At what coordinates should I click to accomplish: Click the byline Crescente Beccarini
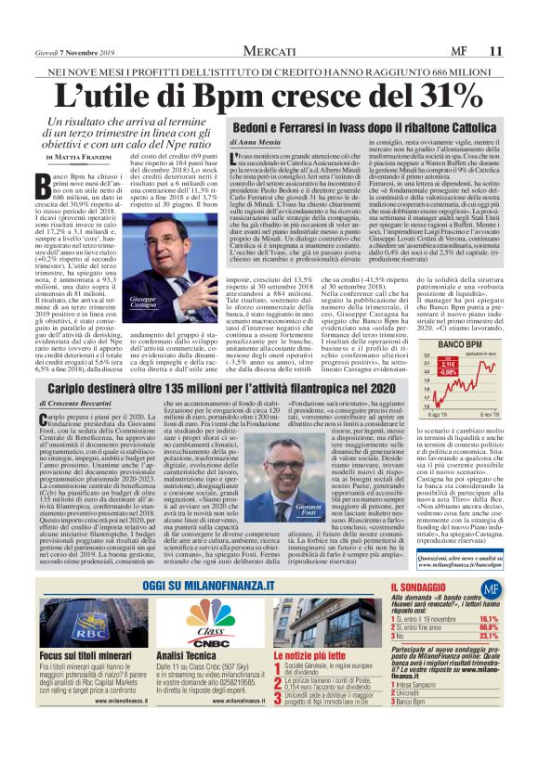(82, 406)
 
